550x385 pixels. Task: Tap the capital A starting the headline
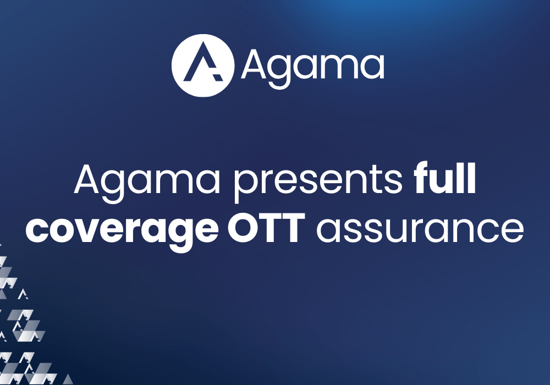click(x=88, y=180)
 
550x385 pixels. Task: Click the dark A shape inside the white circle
click(x=204, y=65)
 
